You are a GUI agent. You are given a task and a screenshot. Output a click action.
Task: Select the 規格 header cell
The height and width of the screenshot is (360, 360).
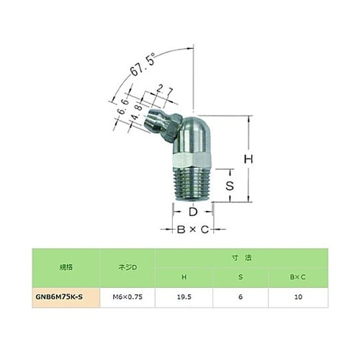point(66,266)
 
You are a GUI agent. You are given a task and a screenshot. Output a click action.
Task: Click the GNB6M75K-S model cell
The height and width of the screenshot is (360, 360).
point(66,295)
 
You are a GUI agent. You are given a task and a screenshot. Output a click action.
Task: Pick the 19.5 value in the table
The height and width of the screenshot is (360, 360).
point(185,295)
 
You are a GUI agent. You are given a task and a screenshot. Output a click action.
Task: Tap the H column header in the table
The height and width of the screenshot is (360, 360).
point(185,277)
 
